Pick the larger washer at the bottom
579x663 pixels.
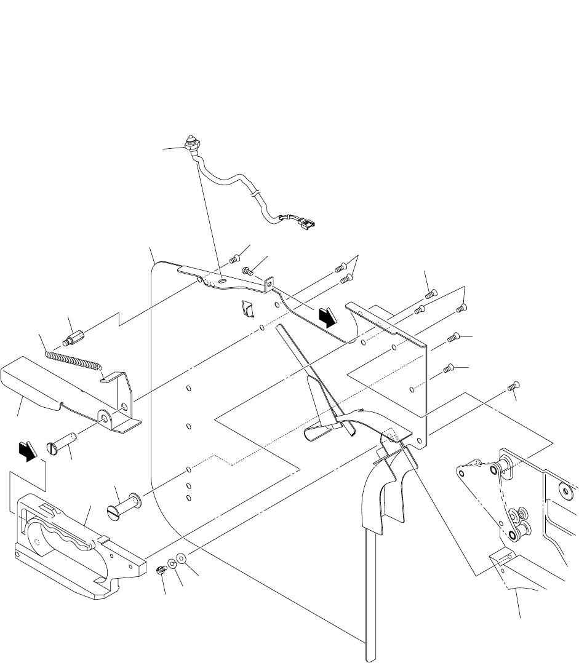182,558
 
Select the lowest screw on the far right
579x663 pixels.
514,386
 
